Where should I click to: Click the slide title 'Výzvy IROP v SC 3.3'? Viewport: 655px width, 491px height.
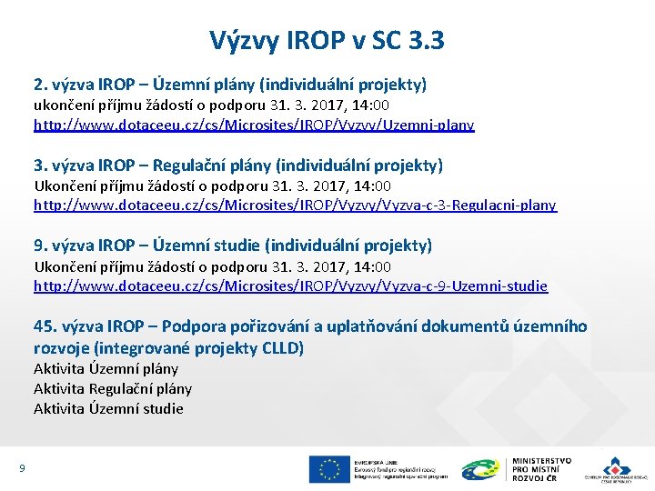(327, 40)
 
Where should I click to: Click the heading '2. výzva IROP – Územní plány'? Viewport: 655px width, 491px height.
(229, 85)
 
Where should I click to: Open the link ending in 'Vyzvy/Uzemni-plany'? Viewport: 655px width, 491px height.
(254, 125)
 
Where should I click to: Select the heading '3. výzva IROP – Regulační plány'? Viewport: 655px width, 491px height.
(237, 165)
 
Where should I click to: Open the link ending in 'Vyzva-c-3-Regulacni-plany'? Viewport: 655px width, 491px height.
(295, 205)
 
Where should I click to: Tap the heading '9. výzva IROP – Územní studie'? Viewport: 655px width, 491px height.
(233, 245)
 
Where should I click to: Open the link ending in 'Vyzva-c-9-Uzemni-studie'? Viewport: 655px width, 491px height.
(290, 286)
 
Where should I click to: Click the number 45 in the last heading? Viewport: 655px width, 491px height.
(43, 326)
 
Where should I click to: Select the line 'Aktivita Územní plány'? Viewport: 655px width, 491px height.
(106, 369)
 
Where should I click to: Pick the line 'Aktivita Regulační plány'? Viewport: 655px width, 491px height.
(113, 389)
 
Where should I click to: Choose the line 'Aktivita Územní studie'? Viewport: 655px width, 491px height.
(108, 409)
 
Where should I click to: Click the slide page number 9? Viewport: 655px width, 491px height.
(21, 468)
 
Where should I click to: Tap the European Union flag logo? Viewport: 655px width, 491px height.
(328, 468)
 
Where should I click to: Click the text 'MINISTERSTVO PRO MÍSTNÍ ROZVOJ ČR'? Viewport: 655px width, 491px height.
(541, 468)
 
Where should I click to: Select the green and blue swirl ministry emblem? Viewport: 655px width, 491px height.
(480, 469)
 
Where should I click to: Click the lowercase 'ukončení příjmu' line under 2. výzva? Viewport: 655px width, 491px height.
(212, 105)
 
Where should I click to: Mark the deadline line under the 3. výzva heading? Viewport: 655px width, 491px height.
(212, 185)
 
